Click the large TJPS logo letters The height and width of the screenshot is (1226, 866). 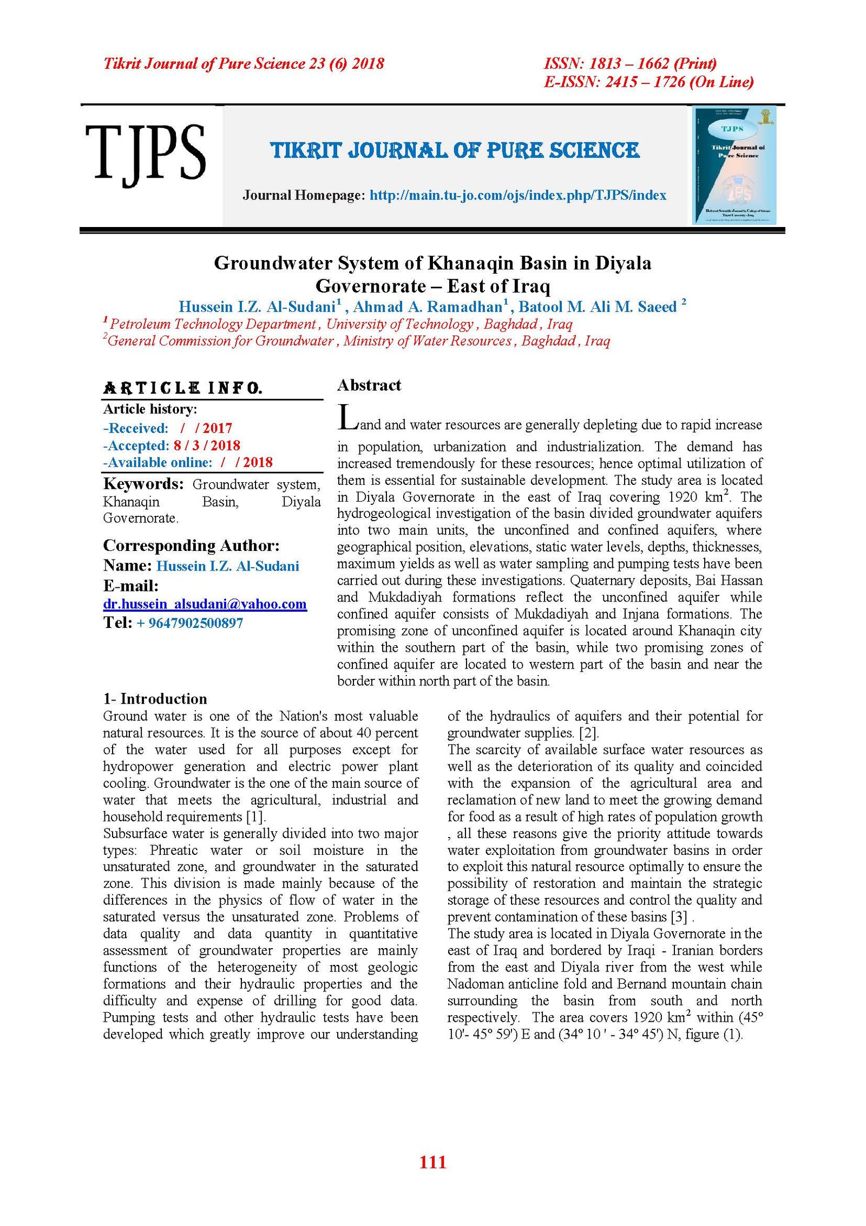[x=145, y=152]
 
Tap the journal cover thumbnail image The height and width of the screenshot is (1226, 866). [x=734, y=165]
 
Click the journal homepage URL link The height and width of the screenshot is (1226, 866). [x=517, y=196]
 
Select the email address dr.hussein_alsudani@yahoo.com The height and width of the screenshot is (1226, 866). [x=205, y=604]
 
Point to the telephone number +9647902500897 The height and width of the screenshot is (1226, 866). [x=189, y=623]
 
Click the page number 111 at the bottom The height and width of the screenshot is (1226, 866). [x=432, y=1162]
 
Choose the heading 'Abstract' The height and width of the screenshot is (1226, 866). [x=369, y=385]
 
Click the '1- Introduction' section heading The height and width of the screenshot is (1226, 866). [x=155, y=699]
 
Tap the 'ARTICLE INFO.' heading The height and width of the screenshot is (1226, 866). [x=182, y=388]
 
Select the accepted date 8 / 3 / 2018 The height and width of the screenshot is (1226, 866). [x=206, y=445]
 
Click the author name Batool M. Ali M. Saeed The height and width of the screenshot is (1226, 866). [x=598, y=307]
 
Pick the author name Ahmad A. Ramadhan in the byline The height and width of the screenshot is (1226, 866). [x=428, y=307]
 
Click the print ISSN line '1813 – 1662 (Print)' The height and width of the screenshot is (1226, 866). [x=630, y=64]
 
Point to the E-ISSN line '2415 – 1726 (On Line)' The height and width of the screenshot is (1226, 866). [x=648, y=82]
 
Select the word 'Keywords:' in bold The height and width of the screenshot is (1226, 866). [x=143, y=484]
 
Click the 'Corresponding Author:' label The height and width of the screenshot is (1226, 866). [x=191, y=546]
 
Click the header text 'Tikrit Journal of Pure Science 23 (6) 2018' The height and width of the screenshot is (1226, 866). [x=244, y=64]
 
